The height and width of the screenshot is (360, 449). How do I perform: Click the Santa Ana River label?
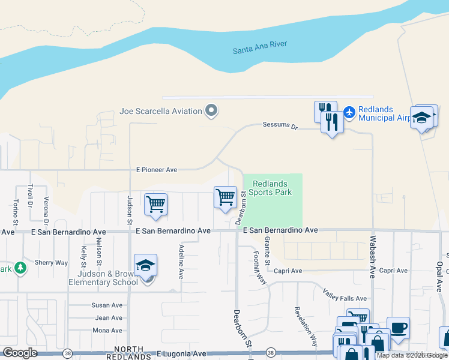point(260,47)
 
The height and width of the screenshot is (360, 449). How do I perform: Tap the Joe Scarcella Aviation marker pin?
point(211,110)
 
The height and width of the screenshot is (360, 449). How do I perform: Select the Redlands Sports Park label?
point(270,188)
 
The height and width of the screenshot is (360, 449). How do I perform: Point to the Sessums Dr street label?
point(280,125)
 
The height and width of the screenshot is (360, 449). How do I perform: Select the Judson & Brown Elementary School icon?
point(146,266)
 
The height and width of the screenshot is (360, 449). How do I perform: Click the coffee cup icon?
point(398,328)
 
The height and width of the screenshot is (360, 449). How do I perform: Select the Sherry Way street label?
point(51,263)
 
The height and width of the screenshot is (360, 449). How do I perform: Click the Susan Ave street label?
point(108,305)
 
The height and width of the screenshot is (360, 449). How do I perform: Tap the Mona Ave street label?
point(107,331)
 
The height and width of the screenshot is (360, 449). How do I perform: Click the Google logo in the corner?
point(19,353)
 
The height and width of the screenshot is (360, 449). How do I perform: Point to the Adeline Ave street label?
point(180,262)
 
